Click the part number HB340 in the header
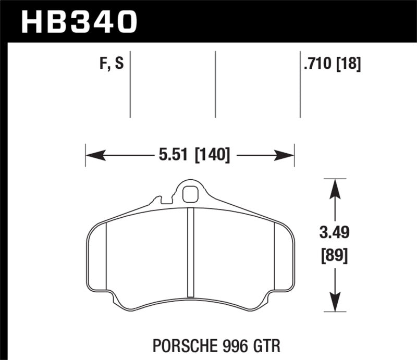click(x=78, y=21)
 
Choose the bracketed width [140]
click(x=212, y=155)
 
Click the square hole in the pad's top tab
click(x=191, y=193)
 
